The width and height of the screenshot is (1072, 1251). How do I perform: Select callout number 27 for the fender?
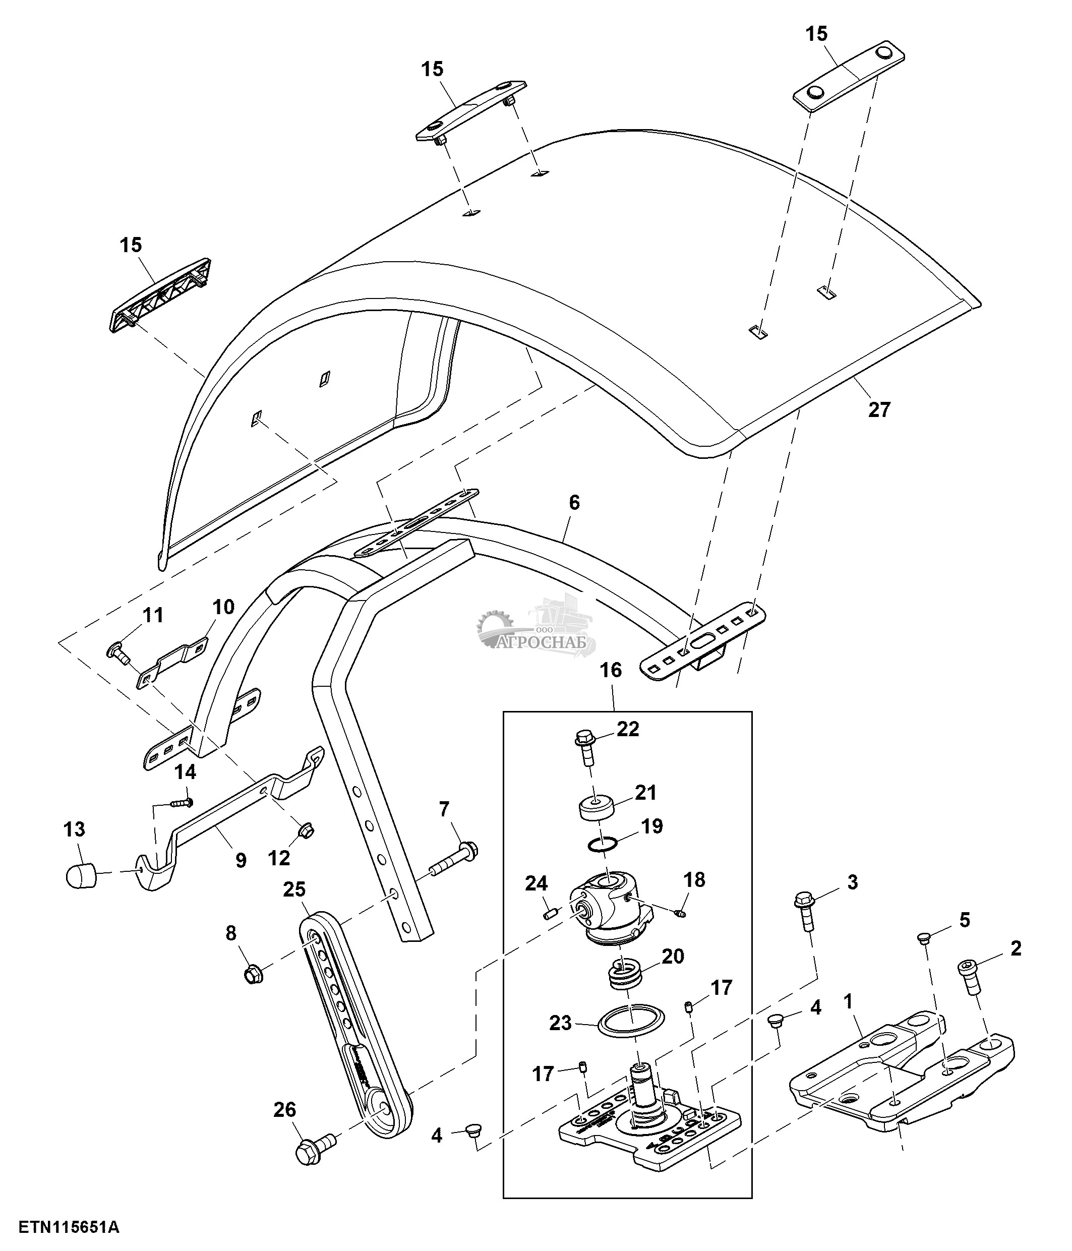click(879, 410)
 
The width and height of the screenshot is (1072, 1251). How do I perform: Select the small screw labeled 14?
click(181, 802)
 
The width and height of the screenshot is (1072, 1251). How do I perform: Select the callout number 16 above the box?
click(611, 670)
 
